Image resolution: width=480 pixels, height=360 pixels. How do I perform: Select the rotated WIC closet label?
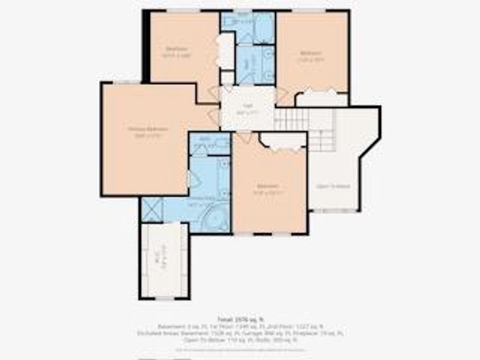click(157, 259)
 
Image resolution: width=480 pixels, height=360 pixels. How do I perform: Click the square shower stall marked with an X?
click(152, 207)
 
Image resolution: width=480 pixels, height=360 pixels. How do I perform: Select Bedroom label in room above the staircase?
click(310, 55)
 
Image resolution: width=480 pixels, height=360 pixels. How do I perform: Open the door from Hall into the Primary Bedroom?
click(214, 117)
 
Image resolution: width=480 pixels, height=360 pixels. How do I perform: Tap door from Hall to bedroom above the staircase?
click(281, 95)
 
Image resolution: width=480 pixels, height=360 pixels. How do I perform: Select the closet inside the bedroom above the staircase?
click(322, 99)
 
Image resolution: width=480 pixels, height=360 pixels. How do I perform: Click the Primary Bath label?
click(200, 202)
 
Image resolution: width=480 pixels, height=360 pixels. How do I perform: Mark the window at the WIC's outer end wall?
click(161, 297)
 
